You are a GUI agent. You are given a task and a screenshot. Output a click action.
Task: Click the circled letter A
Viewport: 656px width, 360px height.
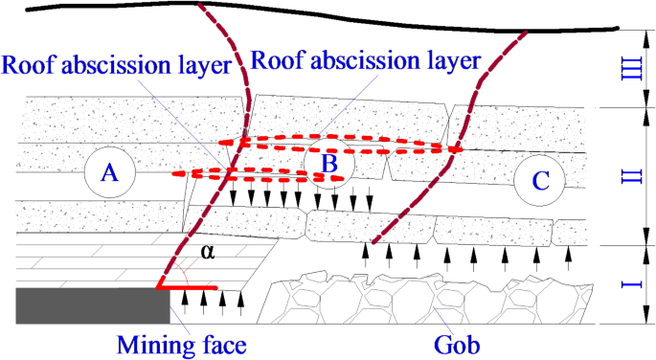[x=110, y=174]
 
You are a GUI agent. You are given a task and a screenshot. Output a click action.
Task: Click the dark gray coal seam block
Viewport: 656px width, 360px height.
[x=93, y=306]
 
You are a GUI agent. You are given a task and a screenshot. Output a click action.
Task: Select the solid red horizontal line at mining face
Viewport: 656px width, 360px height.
[x=188, y=286]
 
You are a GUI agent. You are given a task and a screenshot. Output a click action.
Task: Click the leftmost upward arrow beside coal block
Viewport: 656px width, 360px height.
[x=185, y=301]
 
